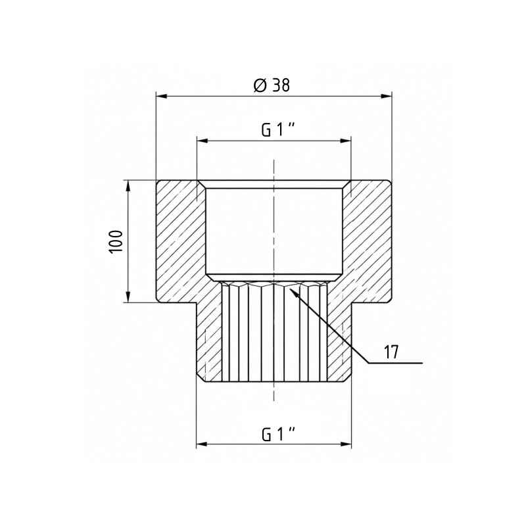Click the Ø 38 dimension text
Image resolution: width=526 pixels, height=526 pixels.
(x=272, y=85)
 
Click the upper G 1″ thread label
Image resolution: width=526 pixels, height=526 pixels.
(x=278, y=130)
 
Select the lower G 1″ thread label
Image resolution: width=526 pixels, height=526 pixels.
(x=278, y=435)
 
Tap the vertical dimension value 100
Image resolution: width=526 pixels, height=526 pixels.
(x=116, y=241)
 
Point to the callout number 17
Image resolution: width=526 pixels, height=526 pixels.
(x=391, y=352)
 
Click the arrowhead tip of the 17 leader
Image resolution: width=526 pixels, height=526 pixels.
(x=289, y=287)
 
